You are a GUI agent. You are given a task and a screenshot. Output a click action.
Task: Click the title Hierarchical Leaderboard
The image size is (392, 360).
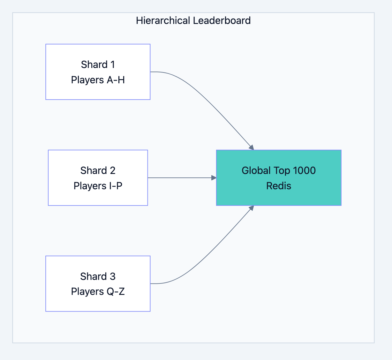[x=193, y=21]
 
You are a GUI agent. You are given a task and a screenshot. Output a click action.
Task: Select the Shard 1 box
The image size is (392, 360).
[x=98, y=72]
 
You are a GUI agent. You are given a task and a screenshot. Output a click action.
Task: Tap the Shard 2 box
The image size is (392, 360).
[x=98, y=178]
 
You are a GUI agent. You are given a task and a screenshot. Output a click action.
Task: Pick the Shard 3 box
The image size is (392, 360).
[x=98, y=283]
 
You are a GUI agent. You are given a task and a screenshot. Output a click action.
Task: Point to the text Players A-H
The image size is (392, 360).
[x=98, y=80]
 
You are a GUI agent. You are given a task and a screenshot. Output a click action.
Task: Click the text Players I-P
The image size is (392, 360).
[x=98, y=186]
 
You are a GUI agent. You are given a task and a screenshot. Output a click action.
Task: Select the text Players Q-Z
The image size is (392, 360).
[x=98, y=291]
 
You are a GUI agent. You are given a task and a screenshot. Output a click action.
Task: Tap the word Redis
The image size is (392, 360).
[x=279, y=186]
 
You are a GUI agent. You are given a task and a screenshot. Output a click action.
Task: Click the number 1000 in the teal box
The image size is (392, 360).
[x=304, y=170]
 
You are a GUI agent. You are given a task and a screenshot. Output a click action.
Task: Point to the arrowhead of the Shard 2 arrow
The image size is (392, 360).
[x=214, y=178]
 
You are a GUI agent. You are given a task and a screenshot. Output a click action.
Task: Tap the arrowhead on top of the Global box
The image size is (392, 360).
[x=252, y=147]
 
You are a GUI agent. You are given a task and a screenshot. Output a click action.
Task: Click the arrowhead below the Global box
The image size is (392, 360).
[x=252, y=208]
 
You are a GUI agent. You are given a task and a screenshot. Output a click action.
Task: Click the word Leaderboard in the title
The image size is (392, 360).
[x=222, y=21]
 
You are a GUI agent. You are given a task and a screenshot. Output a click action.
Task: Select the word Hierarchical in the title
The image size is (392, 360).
[x=163, y=21]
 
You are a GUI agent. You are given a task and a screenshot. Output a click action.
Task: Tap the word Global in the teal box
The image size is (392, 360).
[x=256, y=170]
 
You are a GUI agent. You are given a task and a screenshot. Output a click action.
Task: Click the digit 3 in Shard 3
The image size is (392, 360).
[x=112, y=276]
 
